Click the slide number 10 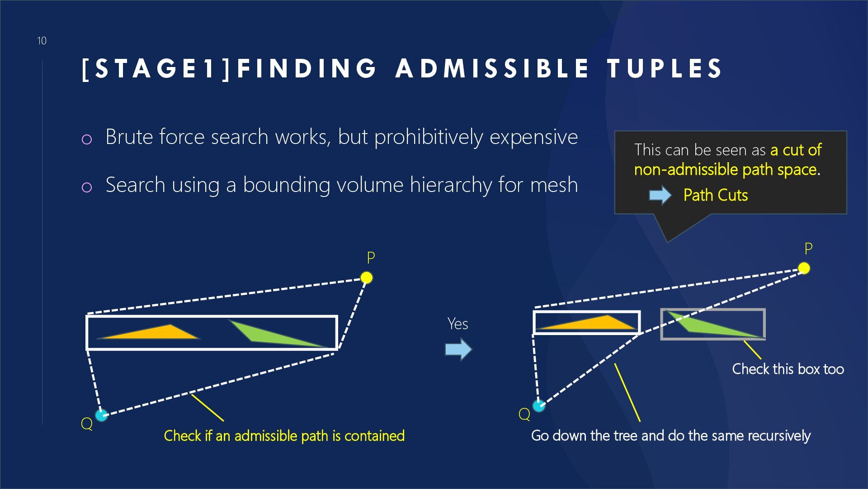(42, 41)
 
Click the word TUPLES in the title (665, 68)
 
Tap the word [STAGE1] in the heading (156, 68)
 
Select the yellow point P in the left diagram (367, 278)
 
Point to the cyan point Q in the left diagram (101, 415)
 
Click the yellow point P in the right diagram (804, 268)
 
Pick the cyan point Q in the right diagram (538, 406)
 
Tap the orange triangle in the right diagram (597, 323)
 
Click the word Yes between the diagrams (458, 324)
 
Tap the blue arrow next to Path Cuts (660, 195)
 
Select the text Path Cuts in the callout (715, 195)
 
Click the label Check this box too (788, 369)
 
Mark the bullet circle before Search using (87, 187)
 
